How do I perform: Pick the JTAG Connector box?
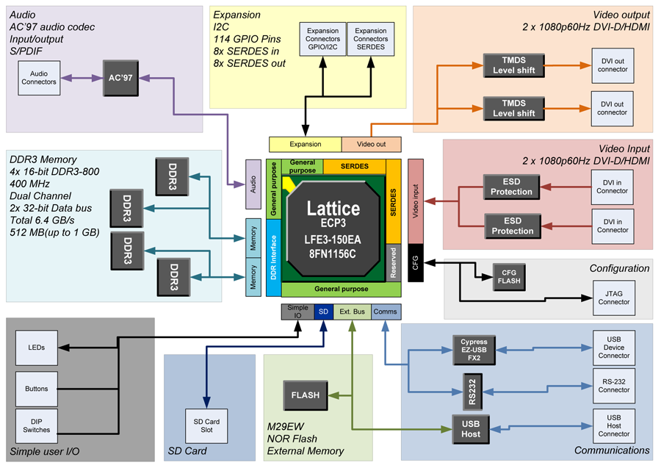(x=613, y=298)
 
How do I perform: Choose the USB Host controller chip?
(x=471, y=429)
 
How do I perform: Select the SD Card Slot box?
(x=206, y=425)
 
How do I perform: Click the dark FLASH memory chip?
(x=306, y=395)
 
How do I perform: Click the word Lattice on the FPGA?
(x=333, y=207)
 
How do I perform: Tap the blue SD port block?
(x=323, y=312)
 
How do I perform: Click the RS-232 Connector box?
(x=614, y=386)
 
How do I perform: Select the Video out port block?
(x=371, y=144)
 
